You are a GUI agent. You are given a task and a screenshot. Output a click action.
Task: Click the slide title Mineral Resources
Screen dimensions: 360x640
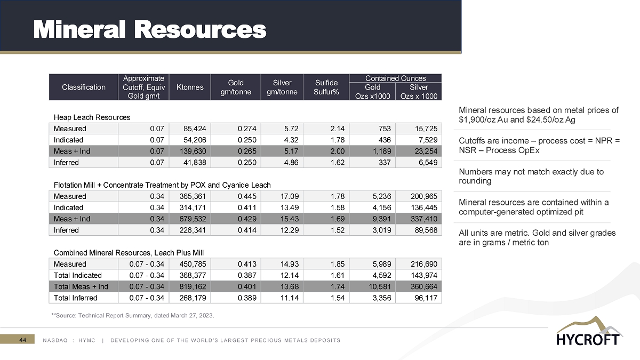(150, 30)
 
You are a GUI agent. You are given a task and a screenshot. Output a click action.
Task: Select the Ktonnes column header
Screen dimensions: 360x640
(190, 87)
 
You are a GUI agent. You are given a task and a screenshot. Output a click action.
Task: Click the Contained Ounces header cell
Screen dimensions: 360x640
(395, 78)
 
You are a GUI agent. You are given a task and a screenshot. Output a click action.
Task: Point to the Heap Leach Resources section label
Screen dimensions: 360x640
(92, 117)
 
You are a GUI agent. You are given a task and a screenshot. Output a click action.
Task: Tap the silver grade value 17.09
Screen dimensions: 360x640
(283, 196)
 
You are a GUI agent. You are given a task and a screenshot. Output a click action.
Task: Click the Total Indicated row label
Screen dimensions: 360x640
(77, 275)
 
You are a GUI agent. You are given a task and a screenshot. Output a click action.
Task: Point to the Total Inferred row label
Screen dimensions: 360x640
(76, 298)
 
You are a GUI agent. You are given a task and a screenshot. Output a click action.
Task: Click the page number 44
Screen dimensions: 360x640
(23, 340)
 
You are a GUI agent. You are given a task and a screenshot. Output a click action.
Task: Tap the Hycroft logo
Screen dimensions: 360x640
(587, 332)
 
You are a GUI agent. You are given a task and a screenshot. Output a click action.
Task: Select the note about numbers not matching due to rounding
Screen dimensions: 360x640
(531, 176)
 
